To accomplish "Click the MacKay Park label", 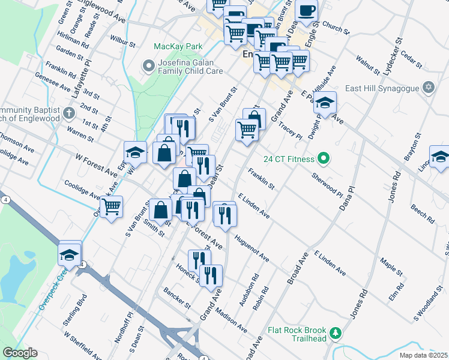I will (178, 46).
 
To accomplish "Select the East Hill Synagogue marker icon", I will (428, 88).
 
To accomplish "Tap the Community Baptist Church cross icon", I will (70, 113).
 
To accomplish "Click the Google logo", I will (20, 353).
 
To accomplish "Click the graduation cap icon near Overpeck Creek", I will (70, 254).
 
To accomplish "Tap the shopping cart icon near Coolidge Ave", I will (111, 208).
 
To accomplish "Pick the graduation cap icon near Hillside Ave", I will (325, 104).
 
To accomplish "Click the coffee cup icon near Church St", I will (306, 11).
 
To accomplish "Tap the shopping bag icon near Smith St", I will (160, 211).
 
